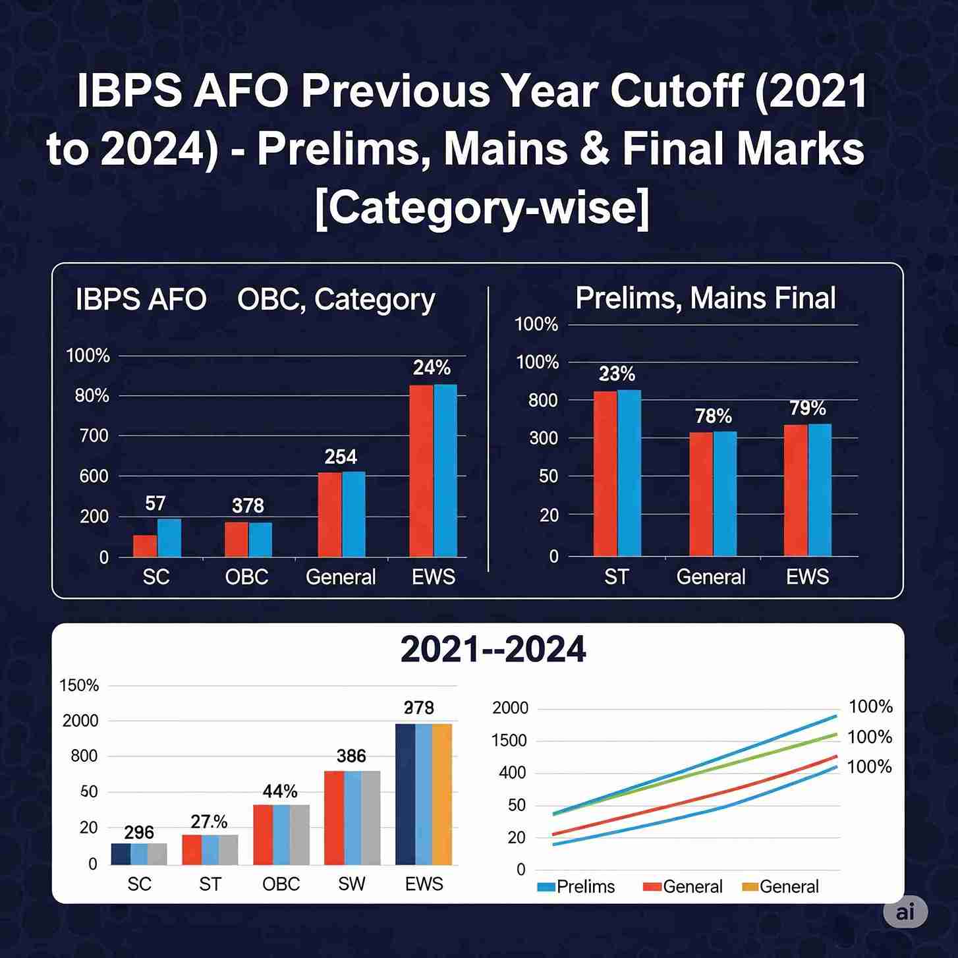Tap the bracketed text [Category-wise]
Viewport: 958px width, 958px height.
coord(482,207)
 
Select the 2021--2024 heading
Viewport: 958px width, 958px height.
coord(493,650)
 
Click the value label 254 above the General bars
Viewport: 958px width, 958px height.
coord(341,457)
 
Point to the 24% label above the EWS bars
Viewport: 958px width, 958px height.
coord(432,368)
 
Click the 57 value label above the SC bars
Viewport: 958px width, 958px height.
coord(155,503)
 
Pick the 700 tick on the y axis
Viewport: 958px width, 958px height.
coord(94,436)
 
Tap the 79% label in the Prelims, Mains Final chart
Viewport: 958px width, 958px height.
coord(808,409)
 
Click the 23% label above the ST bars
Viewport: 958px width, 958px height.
coord(617,374)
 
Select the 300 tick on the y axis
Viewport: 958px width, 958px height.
coord(544,438)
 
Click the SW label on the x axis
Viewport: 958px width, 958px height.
coord(351,884)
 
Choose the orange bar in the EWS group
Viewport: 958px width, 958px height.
coord(442,794)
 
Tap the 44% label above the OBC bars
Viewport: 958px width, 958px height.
coord(280,791)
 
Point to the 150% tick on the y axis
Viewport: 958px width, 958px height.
coord(79,685)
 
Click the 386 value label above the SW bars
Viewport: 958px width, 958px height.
coord(351,756)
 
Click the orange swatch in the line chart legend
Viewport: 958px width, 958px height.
coord(750,887)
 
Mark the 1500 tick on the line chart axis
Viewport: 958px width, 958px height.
coord(509,741)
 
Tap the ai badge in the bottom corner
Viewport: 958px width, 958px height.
coord(905,912)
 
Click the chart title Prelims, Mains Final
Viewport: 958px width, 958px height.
coord(705,298)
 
